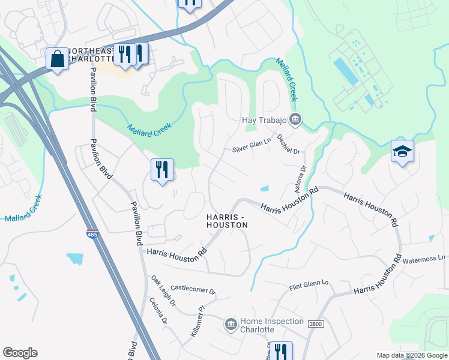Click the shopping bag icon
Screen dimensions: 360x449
tap(58, 59)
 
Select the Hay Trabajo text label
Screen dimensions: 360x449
tap(264, 120)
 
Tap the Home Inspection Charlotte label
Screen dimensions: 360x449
tap(272, 325)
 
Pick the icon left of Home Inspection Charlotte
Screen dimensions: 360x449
tap(231, 325)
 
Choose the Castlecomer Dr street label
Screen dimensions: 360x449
tap(193, 289)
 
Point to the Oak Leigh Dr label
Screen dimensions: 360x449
tap(163, 291)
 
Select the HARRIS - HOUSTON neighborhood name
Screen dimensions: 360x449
tap(226, 220)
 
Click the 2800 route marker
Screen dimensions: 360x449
tap(315, 324)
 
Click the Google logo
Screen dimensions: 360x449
tap(20, 353)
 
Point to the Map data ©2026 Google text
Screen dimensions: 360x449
tap(411, 355)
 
